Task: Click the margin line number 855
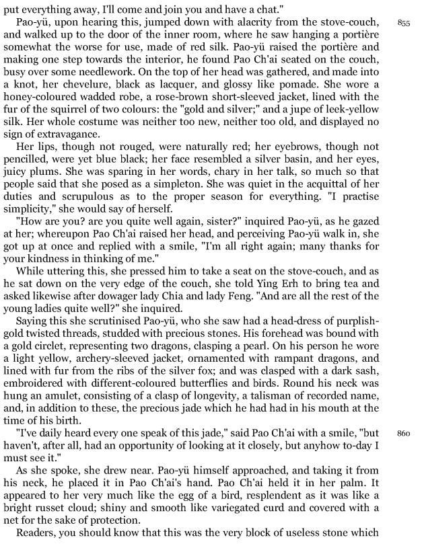click(x=404, y=22)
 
